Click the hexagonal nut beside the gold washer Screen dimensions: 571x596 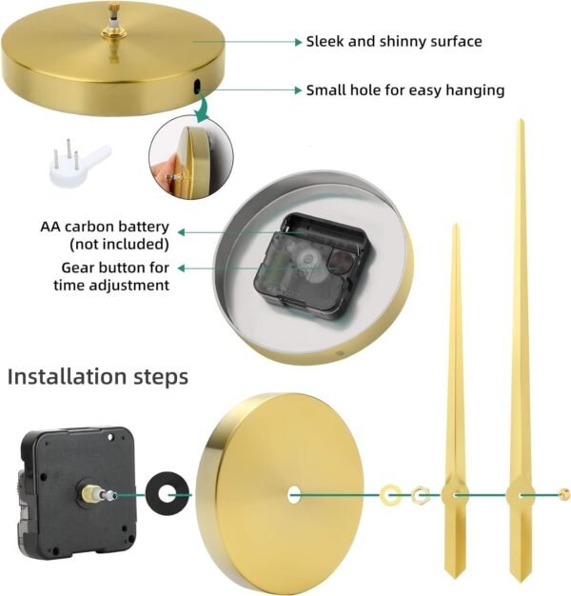[x=419, y=494]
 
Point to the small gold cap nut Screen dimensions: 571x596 [x=564, y=494]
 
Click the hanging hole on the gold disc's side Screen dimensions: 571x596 [x=197, y=87]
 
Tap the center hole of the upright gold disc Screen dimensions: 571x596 [x=294, y=495]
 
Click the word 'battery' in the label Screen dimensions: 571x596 [x=144, y=227]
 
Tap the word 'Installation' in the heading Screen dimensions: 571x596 [x=67, y=376]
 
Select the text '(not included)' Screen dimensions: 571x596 [x=119, y=244]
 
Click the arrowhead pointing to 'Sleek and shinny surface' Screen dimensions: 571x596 [x=299, y=42]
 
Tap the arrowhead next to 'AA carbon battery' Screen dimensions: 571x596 [x=182, y=232]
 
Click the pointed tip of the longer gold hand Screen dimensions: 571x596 [x=521, y=120]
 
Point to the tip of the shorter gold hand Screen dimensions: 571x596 [x=455, y=226]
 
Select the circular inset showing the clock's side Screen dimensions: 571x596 [x=191, y=157]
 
